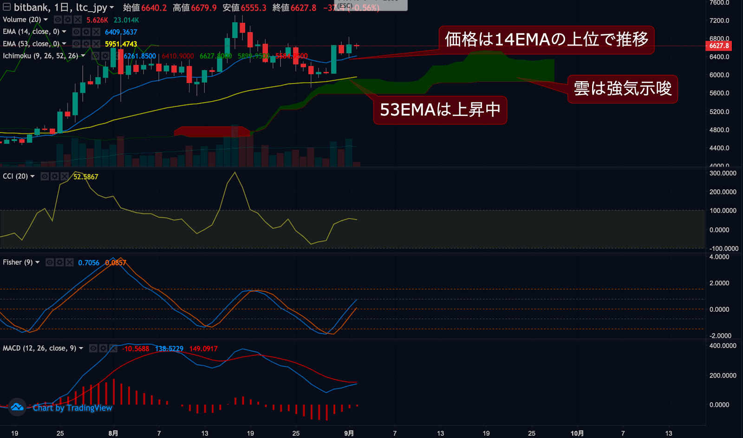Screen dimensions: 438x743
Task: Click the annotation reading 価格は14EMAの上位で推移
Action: pos(546,40)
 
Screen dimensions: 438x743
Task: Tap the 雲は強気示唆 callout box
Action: pos(622,89)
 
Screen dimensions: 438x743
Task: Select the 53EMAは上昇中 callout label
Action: pos(440,110)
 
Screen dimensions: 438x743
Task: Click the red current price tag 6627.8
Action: pos(719,46)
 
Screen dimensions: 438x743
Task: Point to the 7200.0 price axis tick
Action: pos(719,20)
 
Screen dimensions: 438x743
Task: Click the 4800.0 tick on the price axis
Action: pos(719,130)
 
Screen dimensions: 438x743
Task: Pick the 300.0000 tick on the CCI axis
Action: pos(723,173)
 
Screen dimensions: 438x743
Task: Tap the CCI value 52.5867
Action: pos(85,177)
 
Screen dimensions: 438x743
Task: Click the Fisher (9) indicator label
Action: pos(18,263)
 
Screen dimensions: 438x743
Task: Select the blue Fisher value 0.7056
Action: pos(89,263)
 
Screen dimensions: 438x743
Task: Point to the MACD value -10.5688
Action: pos(136,349)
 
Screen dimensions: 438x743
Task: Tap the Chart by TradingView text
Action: pos(72,408)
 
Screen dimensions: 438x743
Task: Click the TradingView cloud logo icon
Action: pos(17,407)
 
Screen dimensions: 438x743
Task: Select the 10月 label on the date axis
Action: pos(577,433)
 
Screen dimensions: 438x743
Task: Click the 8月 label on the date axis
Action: pos(113,433)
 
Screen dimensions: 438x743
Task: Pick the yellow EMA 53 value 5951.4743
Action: pos(121,44)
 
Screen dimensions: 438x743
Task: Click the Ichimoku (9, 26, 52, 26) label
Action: pos(40,56)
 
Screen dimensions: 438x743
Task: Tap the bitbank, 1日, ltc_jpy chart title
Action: pos(60,7)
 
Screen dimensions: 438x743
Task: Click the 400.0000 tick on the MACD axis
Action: pos(723,346)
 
